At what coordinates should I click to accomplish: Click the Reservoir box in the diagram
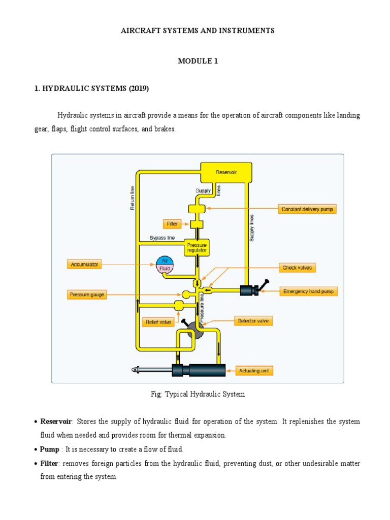[225, 172]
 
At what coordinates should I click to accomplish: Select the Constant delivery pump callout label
[307, 209]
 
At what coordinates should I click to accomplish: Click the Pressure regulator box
[196, 247]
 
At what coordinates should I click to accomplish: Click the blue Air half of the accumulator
[165, 259]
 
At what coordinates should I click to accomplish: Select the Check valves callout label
[298, 267]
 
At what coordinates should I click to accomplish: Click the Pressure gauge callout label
[87, 295]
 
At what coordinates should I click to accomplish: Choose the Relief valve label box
[158, 321]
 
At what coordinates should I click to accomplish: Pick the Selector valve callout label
[253, 321]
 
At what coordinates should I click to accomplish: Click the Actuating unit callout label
[253, 371]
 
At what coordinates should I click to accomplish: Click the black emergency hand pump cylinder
[248, 290]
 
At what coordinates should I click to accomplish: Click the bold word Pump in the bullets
[50, 449]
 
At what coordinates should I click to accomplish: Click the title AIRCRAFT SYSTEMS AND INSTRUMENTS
[198, 30]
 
